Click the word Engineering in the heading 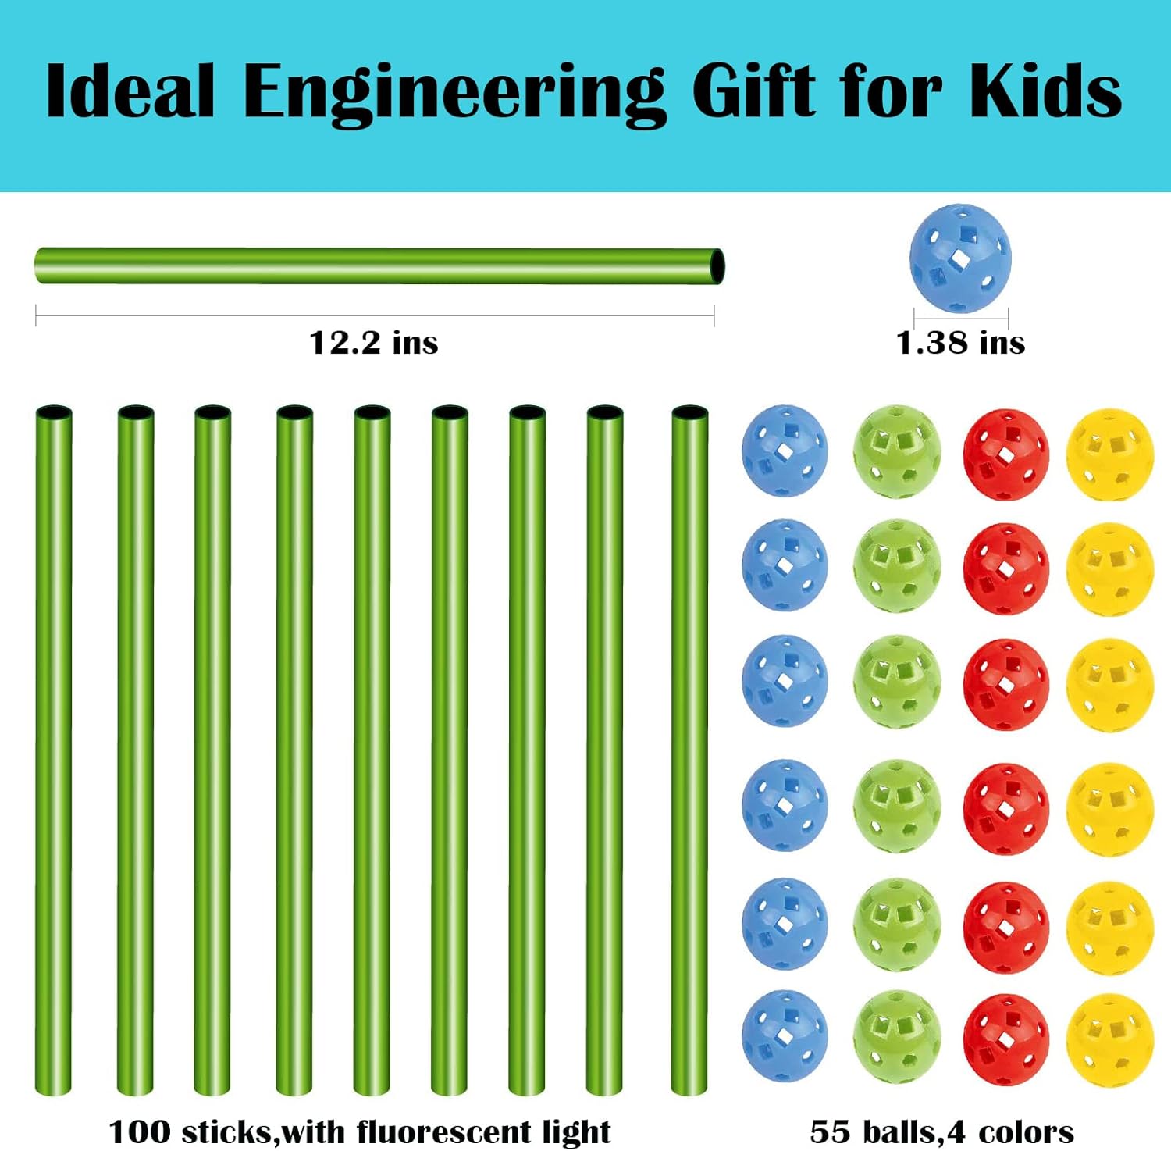coord(454,92)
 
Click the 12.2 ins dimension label coord(373,342)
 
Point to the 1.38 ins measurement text coord(959,342)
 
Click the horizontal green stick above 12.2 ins coord(375,266)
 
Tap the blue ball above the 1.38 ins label coord(959,259)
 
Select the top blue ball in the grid coord(785,451)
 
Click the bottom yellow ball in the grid coord(1109,1039)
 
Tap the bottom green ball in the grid coord(896,1037)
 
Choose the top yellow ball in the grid coord(1109,454)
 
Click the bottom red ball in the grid coord(1005,1039)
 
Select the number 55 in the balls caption coord(828,1131)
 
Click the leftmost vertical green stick coord(54,750)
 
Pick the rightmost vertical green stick coord(689,750)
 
